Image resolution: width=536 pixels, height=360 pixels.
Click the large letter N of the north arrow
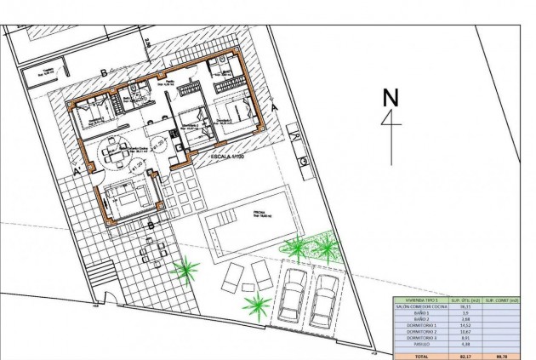point(391,97)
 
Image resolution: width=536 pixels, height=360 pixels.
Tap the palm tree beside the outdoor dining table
point(185,271)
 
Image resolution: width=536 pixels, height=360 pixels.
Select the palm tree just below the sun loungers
point(256,305)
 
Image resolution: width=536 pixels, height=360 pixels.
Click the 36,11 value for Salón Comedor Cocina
point(465,306)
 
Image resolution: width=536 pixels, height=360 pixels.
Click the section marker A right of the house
point(274,107)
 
